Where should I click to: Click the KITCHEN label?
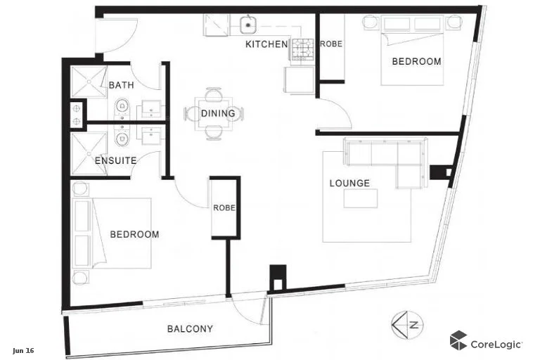click(x=266, y=44)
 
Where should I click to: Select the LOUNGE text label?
click(x=349, y=184)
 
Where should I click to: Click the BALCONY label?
click(x=190, y=328)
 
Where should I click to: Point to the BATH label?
click(x=121, y=86)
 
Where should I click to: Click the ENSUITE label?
click(x=115, y=160)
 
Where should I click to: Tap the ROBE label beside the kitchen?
click(x=330, y=44)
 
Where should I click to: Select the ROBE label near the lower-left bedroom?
click(x=224, y=208)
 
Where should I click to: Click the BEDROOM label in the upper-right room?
click(x=416, y=62)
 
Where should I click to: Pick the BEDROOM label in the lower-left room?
click(x=134, y=234)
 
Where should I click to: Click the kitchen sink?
click(x=247, y=25)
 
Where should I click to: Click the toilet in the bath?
click(x=122, y=108)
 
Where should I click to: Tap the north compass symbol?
click(x=406, y=324)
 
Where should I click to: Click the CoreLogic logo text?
click(x=496, y=344)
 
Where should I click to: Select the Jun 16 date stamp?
click(x=23, y=350)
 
